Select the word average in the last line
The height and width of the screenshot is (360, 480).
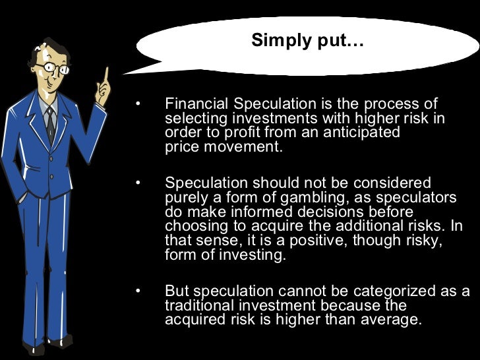388,320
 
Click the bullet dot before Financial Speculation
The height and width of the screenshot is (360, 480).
138,104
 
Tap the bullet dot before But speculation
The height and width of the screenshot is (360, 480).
138,291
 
